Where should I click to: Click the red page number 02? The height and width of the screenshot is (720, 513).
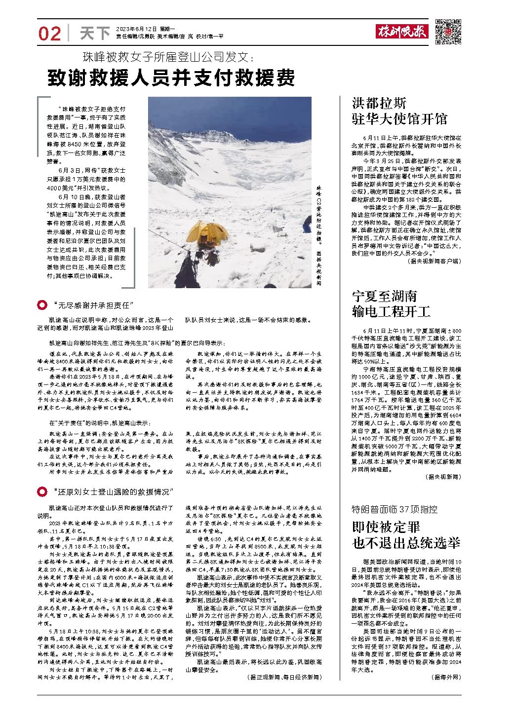49,33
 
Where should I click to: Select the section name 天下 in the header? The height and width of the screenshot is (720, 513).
95,33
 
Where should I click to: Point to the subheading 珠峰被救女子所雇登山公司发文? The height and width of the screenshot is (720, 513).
168,57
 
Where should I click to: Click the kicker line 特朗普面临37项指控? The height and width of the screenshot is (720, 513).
395,509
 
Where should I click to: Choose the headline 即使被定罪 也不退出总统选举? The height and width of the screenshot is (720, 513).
406,535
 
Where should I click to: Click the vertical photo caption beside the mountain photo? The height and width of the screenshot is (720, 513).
319,237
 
